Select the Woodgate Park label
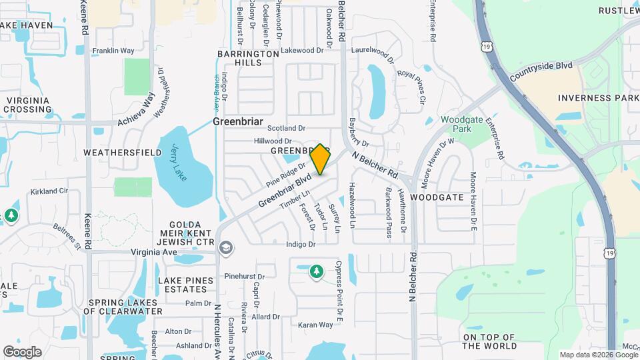coord(457,124)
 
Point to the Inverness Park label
coord(598,98)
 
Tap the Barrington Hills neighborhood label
coord(248,58)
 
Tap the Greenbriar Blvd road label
coord(285,190)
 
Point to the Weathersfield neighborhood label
coord(122,153)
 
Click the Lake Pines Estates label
coord(182,285)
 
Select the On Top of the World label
coord(489,341)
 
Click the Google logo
coord(22,351)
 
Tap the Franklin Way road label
coord(113,51)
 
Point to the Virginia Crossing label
coord(28,105)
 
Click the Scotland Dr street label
coord(286,128)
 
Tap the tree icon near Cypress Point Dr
coord(316,271)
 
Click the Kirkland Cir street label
coord(49,191)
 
